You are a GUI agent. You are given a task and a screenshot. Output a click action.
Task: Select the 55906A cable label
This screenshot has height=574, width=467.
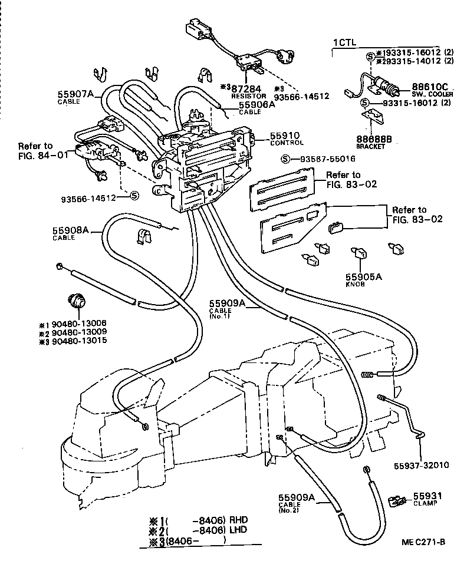256,105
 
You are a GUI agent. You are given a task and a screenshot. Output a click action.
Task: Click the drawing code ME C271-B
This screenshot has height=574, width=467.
424,542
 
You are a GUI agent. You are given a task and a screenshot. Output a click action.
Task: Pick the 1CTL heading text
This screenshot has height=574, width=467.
345,42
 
